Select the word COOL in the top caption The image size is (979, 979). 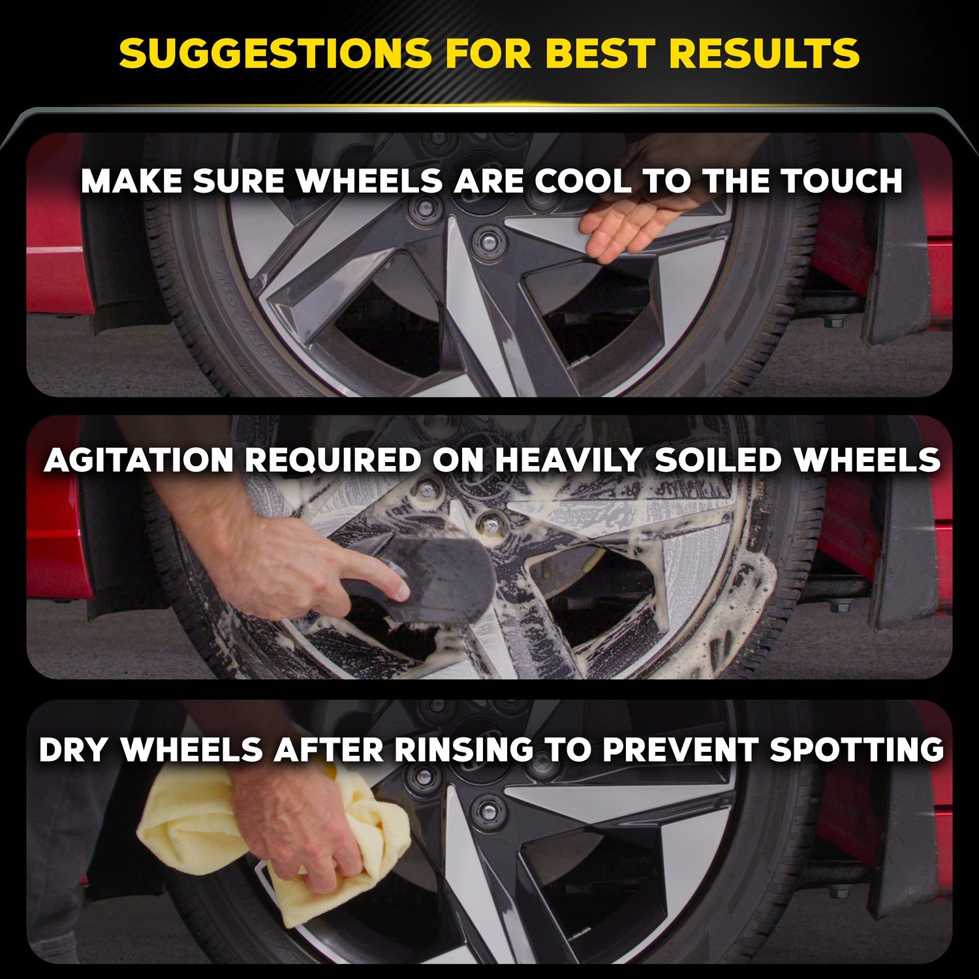point(583,181)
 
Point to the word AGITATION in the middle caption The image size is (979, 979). point(138,461)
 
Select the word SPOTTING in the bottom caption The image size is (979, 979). point(856,750)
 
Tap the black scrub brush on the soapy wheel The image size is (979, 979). point(444,574)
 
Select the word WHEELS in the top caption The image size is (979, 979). point(370,181)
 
